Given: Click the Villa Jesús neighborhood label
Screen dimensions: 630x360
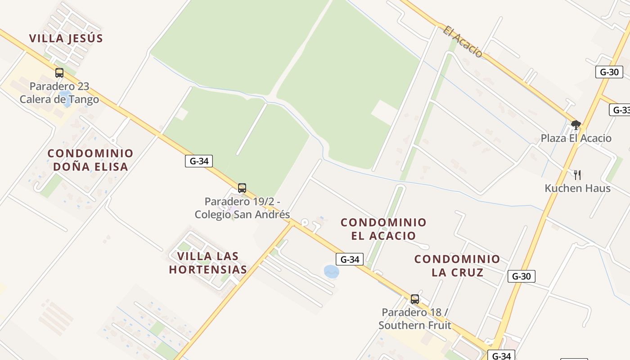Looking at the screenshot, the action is tap(66, 38).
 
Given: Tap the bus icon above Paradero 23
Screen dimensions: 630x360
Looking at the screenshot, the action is tap(59, 73).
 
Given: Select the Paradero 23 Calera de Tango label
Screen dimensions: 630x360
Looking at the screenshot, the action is tap(59, 93).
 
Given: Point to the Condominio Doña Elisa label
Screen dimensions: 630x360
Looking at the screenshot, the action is tap(90, 160).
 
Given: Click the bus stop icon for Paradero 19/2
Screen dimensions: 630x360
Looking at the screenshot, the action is tap(242, 188).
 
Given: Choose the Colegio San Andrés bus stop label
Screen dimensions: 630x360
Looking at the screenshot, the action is tap(242, 208).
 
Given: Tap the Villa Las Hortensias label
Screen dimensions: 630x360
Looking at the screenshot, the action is tap(208, 263).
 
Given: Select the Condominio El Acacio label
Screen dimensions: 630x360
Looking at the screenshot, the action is tap(383, 229).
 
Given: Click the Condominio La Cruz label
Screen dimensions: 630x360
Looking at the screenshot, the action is tap(457, 265).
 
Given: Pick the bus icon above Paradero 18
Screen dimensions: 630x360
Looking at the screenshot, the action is tap(415, 299).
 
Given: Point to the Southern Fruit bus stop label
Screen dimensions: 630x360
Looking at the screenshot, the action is tap(415, 319).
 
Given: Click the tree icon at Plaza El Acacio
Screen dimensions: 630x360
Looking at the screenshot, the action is tap(576, 125).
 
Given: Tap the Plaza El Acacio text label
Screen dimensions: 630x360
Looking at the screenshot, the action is tap(576, 138).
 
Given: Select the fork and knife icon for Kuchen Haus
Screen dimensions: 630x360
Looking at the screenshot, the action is tap(577, 175).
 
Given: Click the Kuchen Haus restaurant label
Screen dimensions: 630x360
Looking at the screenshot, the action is tap(577, 188).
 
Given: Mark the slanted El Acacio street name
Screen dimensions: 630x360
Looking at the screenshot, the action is tap(463, 42).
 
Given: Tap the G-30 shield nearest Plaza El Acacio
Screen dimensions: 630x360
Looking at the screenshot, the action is tap(609, 72).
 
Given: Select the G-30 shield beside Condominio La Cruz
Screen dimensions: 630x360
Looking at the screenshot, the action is tap(521, 276).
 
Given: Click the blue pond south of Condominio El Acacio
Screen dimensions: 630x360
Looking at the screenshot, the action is tap(331, 271).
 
